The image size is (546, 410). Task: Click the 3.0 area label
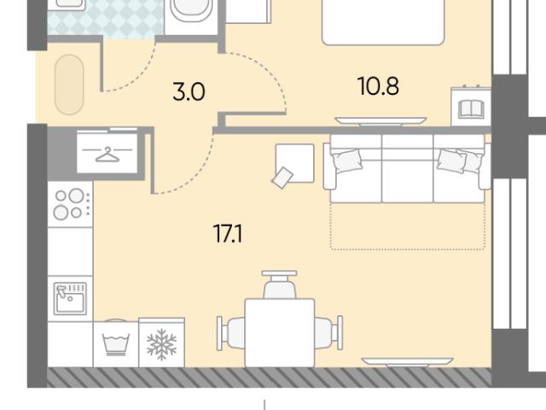coord(189,92)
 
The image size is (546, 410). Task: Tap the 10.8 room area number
coord(378,86)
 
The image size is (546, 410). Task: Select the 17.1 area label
coord(228,233)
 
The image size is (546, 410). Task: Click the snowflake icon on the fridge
coord(161,344)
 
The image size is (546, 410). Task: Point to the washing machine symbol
coord(116,344)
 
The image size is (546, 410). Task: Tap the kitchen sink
coord(70,298)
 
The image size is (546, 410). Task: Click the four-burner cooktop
coord(70,204)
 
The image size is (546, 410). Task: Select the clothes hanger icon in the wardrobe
coord(107,154)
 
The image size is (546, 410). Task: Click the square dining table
coord(280,333)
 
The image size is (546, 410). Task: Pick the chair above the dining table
coord(280,284)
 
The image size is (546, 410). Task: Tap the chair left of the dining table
coord(230,333)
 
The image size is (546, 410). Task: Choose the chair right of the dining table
coord(329,333)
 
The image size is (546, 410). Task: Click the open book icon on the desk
coord(471,108)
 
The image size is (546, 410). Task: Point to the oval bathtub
coord(69,85)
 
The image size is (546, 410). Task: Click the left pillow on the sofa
coord(347,161)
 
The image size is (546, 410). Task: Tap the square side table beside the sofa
coord(295,163)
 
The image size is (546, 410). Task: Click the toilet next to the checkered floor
coord(191,10)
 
